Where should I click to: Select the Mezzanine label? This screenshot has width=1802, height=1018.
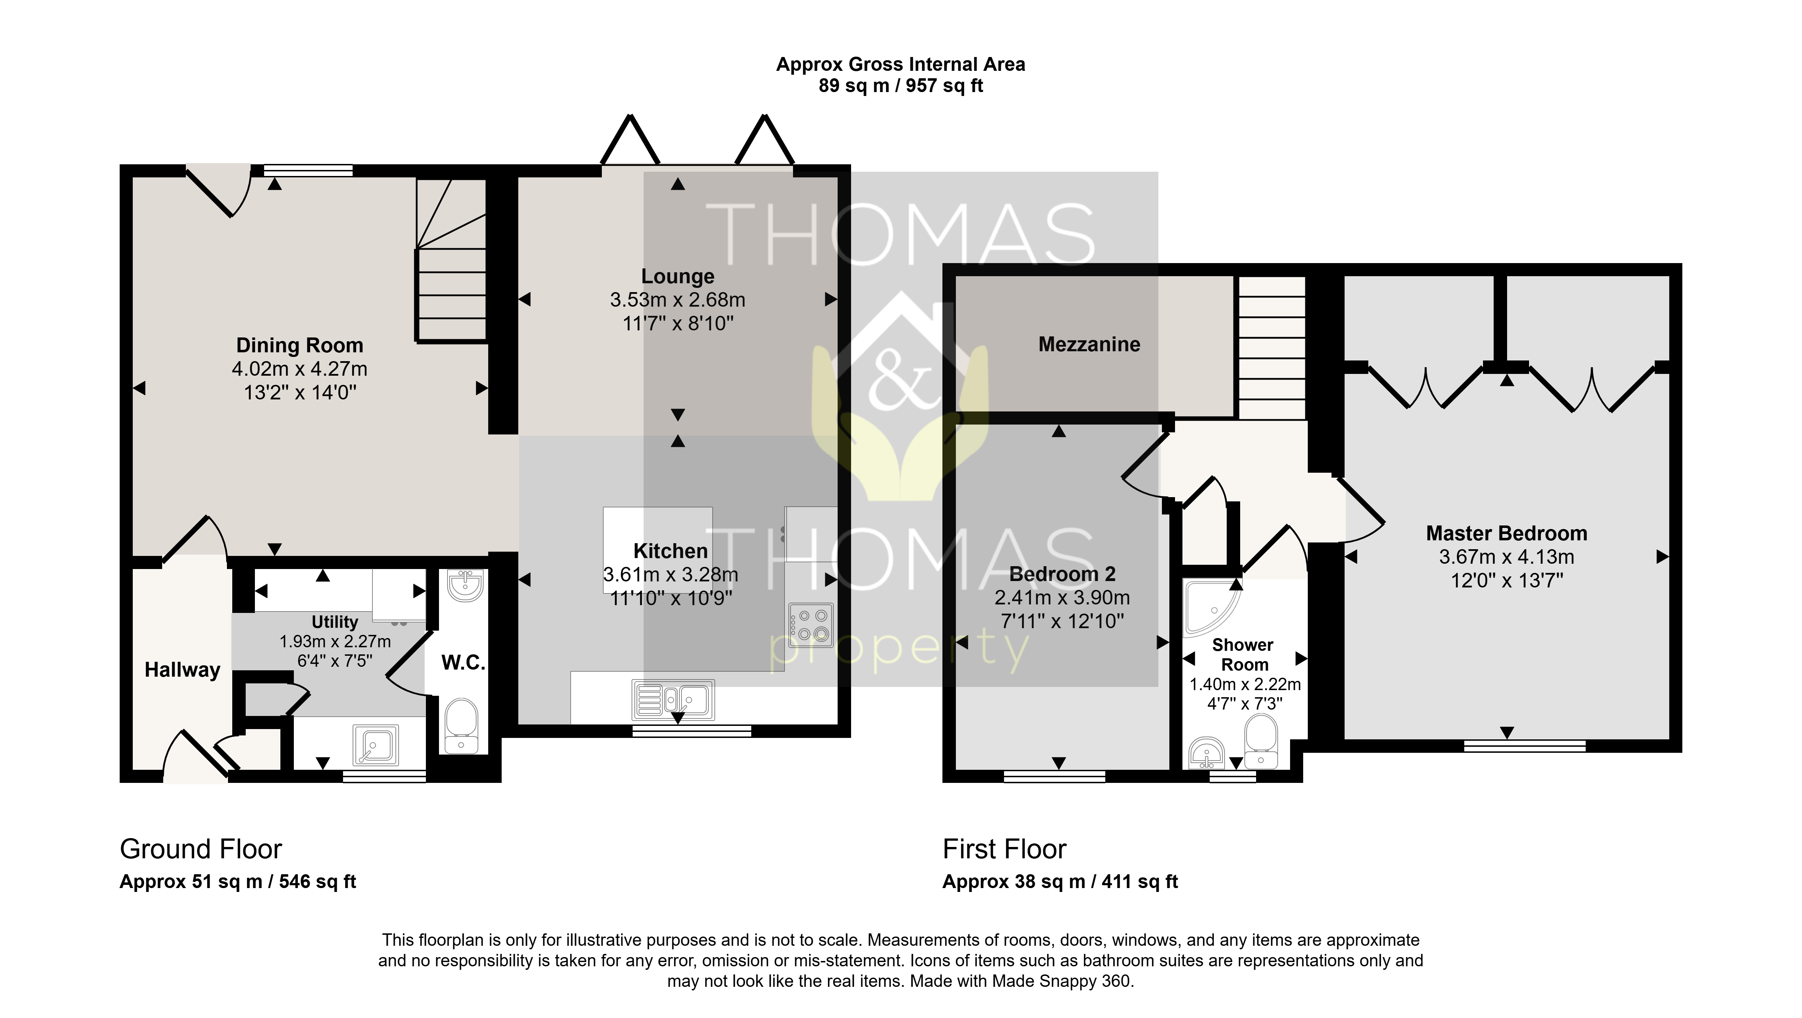[x=1089, y=344]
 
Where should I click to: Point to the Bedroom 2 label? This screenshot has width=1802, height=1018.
[x=1062, y=574]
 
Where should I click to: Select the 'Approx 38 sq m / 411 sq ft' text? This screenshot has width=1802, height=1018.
[x=1060, y=882]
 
